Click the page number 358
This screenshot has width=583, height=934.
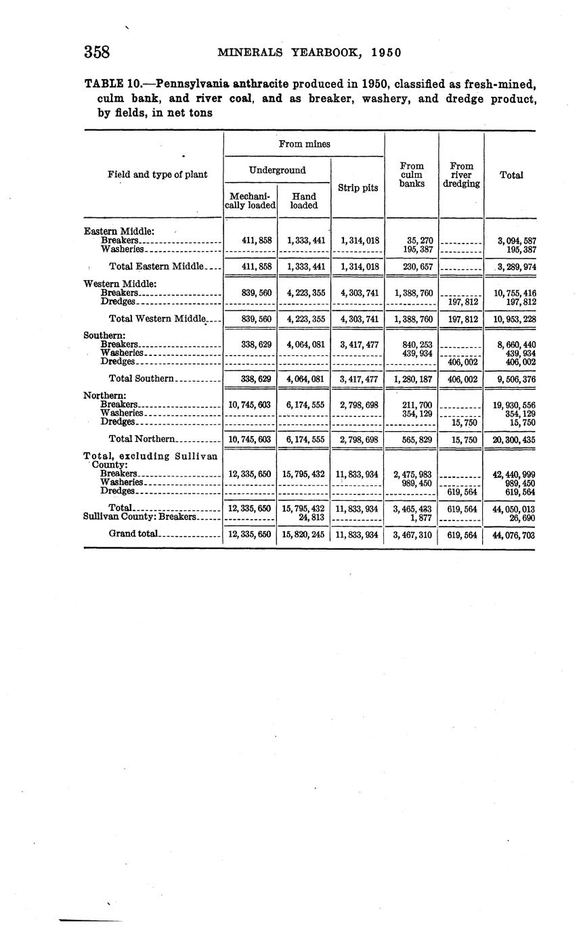pyautogui.click(x=97, y=52)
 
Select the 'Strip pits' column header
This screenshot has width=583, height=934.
pyautogui.click(x=358, y=187)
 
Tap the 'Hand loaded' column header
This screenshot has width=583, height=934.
pyautogui.click(x=303, y=201)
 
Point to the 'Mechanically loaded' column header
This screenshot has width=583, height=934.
pyautogui.click(x=250, y=201)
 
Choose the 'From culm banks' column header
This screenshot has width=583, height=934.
pyautogui.click(x=412, y=174)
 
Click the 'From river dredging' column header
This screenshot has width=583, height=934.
pyautogui.click(x=461, y=174)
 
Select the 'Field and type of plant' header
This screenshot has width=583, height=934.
pyautogui.click(x=157, y=175)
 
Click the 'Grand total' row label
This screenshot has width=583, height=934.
pyautogui.click(x=133, y=534)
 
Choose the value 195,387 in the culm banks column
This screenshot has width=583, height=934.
pyautogui.click(x=417, y=249)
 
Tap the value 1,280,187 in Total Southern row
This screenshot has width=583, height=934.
pyautogui.click(x=412, y=379)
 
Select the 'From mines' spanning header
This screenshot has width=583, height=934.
pyautogui.click(x=304, y=143)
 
